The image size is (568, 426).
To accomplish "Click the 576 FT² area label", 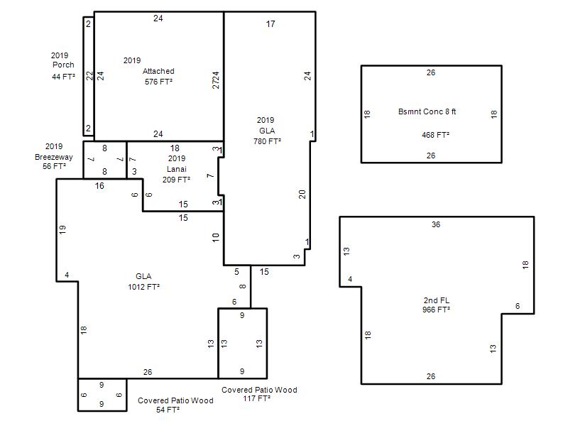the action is (x=158, y=82).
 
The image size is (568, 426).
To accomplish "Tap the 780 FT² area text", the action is (x=267, y=141).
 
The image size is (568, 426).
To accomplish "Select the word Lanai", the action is (x=176, y=169).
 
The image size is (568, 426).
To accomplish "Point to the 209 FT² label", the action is (x=176, y=180).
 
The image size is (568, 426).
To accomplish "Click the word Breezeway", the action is (x=54, y=157).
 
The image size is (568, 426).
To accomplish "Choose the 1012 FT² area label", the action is (x=144, y=287).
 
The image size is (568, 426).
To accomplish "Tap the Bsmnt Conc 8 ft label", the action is (x=427, y=111).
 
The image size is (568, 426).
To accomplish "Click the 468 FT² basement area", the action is (x=435, y=135).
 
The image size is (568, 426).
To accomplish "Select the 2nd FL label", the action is (x=436, y=300).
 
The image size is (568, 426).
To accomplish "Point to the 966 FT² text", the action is (x=436, y=310).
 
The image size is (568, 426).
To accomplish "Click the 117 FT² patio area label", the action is (x=256, y=398).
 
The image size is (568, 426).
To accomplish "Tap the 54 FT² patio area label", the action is (x=168, y=410).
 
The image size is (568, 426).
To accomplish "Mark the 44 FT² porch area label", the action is (x=63, y=77).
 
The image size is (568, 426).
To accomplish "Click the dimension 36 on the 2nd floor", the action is (x=436, y=224).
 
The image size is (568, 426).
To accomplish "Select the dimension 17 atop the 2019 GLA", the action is (x=271, y=24).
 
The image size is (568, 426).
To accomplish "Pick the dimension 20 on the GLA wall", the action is (x=302, y=194).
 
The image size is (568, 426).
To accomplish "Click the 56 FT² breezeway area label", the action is (x=55, y=166).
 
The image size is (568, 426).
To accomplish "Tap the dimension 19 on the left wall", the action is (x=62, y=229).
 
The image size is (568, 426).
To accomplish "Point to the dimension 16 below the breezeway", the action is (x=99, y=186).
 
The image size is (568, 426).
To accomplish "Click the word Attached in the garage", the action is (x=158, y=71).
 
